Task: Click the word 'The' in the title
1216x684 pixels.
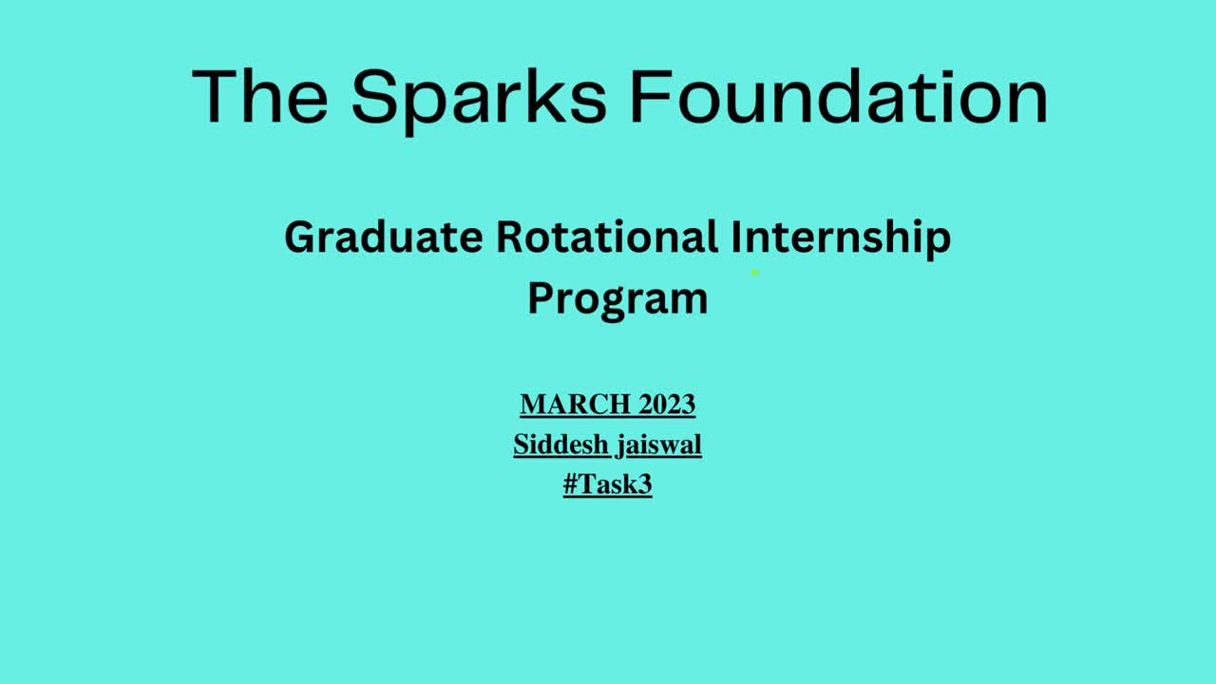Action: click(x=260, y=96)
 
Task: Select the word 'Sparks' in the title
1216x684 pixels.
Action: click(x=478, y=102)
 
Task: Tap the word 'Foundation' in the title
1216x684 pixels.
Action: click(x=839, y=96)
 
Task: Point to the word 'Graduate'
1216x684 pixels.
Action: click(x=384, y=237)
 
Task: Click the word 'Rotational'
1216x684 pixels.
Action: click(x=607, y=237)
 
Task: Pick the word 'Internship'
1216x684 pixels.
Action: click(x=842, y=238)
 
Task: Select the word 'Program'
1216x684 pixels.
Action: click(x=618, y=300)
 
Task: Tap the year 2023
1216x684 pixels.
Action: click(x=667, y=405)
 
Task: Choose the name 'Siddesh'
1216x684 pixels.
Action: click(x=560, y=445)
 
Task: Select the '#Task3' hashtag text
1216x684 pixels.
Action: click(x=607, y=484)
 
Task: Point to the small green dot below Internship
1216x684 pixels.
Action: click(x=754, y=273)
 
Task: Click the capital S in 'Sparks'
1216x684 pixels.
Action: click(x=374, y=96)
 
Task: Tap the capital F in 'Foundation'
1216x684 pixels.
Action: click(x=651, y=96)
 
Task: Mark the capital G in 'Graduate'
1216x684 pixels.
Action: click(x=302, y=237)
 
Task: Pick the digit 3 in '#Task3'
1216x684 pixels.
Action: click(x=644, y=484)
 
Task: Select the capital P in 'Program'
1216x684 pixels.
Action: click(x=541, y=298)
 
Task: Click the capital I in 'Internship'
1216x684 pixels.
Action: click(x=736, y=237)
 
